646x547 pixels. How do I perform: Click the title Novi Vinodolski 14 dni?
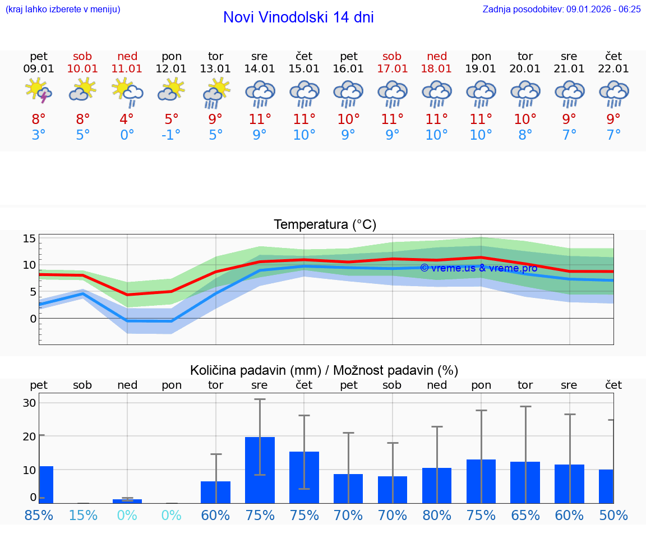298,17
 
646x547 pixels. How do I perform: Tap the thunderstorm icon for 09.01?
38,91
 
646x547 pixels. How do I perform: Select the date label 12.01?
171,69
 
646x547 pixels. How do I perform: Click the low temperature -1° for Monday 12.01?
171,135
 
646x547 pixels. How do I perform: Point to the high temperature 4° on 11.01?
127,119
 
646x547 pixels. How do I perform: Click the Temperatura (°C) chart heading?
325,225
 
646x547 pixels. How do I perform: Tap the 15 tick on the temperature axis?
29,238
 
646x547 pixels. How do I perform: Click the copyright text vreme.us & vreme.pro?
478,268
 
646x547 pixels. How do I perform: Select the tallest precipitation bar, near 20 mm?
260,470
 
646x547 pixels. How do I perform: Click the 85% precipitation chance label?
39,515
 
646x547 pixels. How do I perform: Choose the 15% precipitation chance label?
83,515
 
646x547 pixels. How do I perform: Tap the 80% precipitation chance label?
437,515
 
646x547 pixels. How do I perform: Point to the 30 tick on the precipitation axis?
29,403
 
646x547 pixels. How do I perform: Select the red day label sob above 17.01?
392,56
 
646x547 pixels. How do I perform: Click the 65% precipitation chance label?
525,515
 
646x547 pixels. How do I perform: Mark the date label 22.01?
613,69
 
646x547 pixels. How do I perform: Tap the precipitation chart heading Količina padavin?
324,370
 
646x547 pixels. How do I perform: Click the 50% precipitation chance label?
613,515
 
